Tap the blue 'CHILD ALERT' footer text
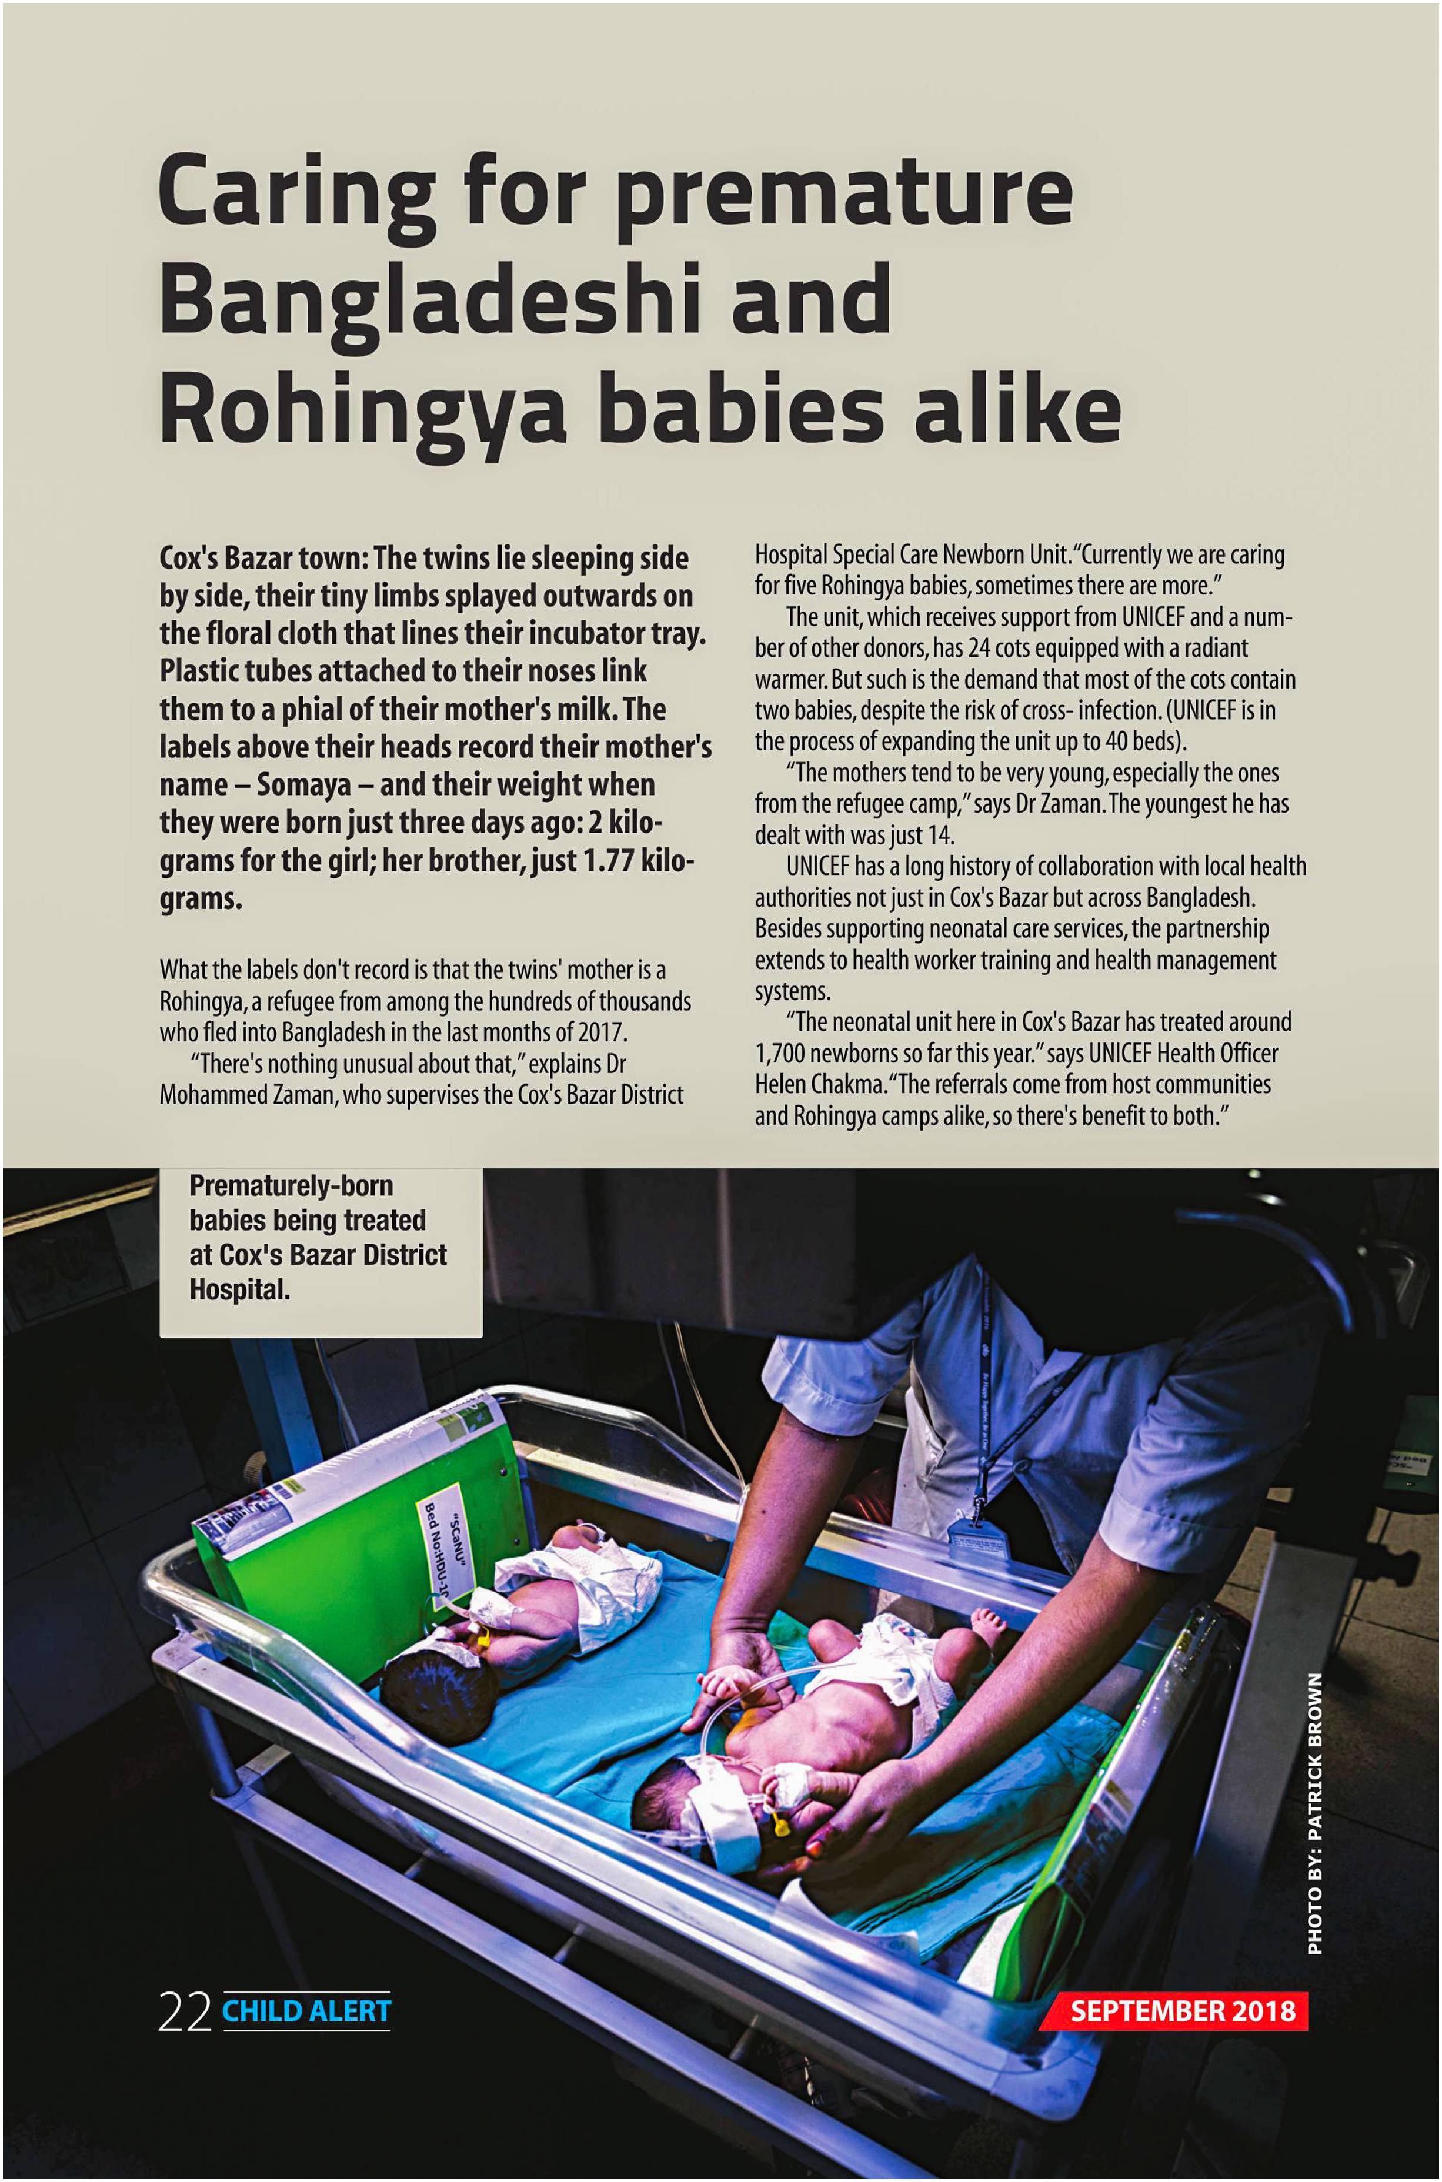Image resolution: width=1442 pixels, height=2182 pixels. click(x=306, y=2011)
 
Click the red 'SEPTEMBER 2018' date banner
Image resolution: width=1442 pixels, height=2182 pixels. click(x=1181, y=2010)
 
